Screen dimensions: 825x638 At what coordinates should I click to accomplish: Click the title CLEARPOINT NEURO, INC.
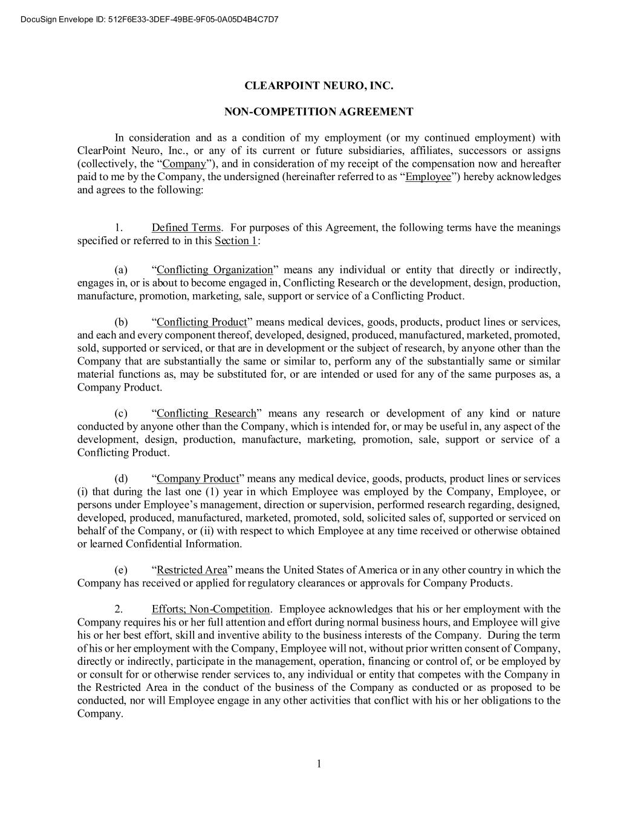coord(319,86)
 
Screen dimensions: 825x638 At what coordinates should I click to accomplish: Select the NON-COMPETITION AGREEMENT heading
coord(319,112)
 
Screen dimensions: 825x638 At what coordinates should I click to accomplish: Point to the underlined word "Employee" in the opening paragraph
coord(428,177)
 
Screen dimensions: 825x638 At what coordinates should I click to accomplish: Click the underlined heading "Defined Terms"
coord(186,228)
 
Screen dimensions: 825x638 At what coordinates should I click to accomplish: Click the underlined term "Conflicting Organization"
coord(215,270)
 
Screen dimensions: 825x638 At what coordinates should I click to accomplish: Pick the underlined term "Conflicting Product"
coord(202,322)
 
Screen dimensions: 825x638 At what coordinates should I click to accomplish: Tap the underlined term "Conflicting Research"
coord(206,413)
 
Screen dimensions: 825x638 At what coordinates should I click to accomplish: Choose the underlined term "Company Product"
coord(198,479)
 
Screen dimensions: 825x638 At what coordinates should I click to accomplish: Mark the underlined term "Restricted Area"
coord(192,570)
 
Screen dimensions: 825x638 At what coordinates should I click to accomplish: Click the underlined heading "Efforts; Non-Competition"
coord(210,609)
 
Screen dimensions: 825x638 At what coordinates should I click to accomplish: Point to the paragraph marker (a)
coord(121,270)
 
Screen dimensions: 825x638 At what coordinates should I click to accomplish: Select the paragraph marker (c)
coord(121,413)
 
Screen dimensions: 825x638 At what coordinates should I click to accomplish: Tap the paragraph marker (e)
coord(121,570)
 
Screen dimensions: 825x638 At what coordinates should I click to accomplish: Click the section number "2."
coord(119,609)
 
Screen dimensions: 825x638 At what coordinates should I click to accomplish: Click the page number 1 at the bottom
coord(319,764)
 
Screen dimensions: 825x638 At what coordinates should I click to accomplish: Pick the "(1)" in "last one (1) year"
coord(213,492)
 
